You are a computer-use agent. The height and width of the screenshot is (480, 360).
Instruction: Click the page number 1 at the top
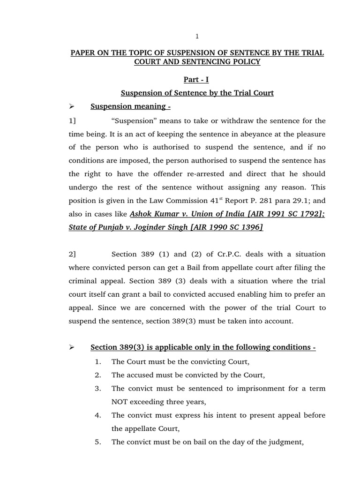click(197, 36)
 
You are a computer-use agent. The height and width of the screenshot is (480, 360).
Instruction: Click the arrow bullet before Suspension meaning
click(72, 106)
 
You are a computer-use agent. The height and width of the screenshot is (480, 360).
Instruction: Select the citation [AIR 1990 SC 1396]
click(225, 227)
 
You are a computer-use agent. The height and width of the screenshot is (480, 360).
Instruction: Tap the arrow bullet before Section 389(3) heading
click(72, 347)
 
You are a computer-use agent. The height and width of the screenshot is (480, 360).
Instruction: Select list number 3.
click(97, 388)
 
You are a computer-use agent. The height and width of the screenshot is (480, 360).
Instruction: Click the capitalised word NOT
click(120, 402)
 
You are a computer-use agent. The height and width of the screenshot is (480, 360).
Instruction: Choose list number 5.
click(97, 442)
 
